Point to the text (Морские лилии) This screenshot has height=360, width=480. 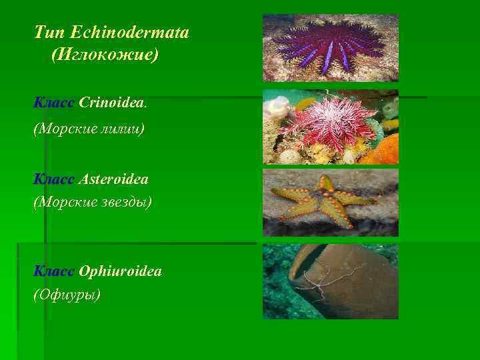(x=88, y=129)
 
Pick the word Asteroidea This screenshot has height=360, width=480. (x=113, y=179)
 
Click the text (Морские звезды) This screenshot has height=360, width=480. (x=93, y=201)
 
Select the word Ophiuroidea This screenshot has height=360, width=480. (x=120, y=271)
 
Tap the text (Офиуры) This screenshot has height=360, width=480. (x=67, y=293)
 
